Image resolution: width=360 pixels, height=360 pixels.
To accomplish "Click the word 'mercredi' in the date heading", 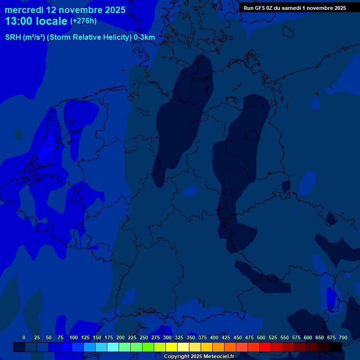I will (x=24, y=9).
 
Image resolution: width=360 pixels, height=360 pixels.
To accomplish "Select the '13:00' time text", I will (x=19, y=21).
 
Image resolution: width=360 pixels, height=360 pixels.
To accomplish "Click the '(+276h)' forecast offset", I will (x=83, y=21).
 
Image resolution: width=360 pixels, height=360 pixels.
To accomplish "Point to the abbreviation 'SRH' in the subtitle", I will (x=13, y=37).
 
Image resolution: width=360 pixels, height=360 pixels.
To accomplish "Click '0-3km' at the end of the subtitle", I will (x=144, y=37).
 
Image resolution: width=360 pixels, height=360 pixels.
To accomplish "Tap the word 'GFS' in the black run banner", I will (x=260, y=8).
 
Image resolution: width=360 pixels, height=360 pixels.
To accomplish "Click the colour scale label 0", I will (x=24, y=337).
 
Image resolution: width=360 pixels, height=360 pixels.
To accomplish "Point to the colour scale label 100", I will (x=74, y=337).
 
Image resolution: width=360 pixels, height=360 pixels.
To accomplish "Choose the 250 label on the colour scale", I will (x=144, y=337).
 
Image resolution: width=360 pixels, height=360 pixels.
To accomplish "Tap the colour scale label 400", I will (x=214, y=337).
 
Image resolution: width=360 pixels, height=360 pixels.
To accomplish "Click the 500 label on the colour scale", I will (x=261, y=337).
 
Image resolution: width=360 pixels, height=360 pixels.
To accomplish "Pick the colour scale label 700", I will (x=343, y=337).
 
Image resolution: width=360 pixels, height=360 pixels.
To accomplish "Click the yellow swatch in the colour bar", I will (x=172, y=347).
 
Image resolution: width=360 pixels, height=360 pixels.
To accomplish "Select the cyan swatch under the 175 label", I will (x=113, y=347).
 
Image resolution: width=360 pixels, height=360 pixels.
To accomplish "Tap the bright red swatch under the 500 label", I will (x=265, y=347).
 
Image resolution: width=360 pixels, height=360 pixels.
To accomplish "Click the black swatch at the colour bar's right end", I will (x=336, y=347).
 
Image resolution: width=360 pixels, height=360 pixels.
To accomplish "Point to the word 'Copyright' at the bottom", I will (x=176, y=356).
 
